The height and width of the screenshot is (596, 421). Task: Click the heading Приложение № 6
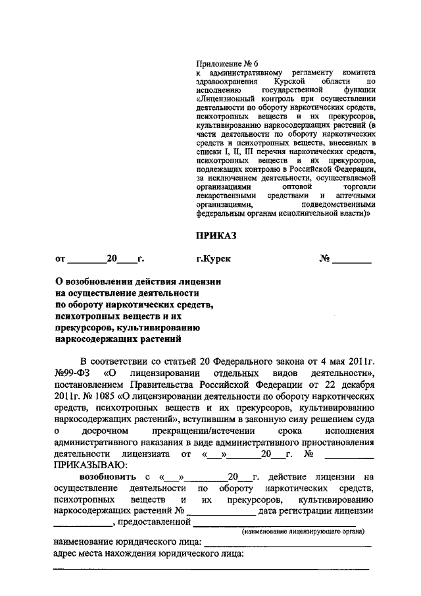coord(223,63)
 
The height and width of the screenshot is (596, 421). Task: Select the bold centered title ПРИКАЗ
coord(216,234)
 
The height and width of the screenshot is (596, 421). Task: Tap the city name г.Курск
coord(213,259)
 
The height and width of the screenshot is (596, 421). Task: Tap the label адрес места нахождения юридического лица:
coord(148,555)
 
